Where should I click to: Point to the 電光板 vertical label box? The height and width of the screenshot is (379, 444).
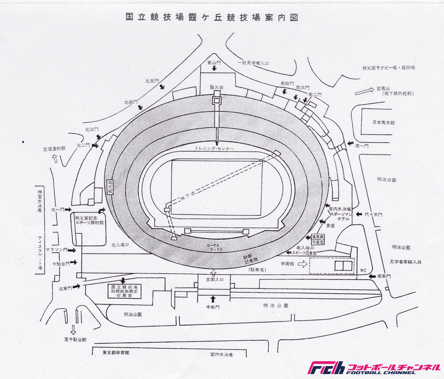pyautogui.click(x=110, y=186)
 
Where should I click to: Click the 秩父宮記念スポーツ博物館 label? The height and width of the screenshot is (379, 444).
pyautogui.click(x=89, y=221)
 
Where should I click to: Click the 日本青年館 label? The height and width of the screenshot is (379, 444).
pyautogui.click(x=384, y=123)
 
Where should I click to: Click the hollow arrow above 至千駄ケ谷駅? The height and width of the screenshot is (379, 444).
pyautogui.click(x=73, y=330)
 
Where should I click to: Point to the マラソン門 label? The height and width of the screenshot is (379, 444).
pyautogui.click(x=59, y=250)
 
